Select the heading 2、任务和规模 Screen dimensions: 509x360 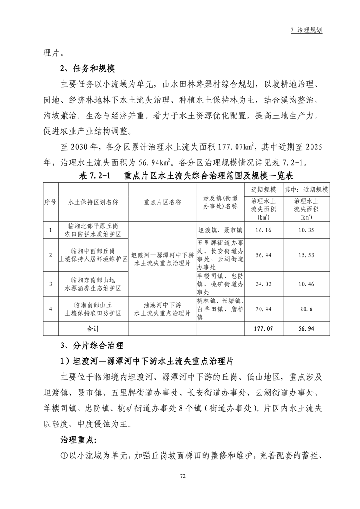[88, 69]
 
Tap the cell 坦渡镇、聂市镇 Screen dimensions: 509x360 [220, 230]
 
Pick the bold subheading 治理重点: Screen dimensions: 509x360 [79, 440]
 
